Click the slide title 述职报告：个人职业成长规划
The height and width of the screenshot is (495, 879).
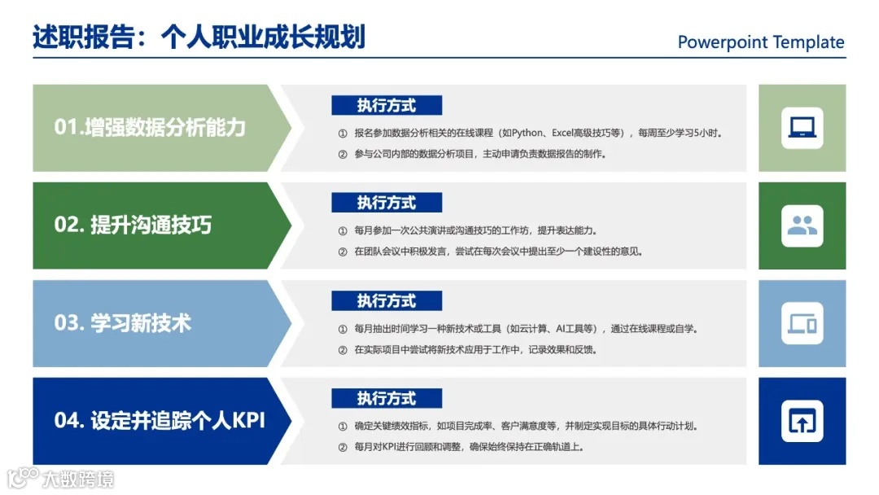199,37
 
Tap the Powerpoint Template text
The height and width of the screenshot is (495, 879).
761,42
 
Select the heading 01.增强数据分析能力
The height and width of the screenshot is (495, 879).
150,127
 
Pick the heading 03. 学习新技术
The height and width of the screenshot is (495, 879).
123,322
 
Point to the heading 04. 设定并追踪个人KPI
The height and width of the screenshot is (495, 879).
160,420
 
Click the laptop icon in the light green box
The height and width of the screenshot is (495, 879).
802,128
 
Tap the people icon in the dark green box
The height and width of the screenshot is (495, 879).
802,226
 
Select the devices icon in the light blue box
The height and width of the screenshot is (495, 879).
802,323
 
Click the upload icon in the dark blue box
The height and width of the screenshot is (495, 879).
802,421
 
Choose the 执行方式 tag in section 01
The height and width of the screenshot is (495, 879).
387,105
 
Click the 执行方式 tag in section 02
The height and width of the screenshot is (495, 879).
387,203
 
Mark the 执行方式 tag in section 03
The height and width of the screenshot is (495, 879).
387,301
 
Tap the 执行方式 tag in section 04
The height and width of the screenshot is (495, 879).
387,399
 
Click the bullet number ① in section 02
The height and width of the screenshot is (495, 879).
342,231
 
